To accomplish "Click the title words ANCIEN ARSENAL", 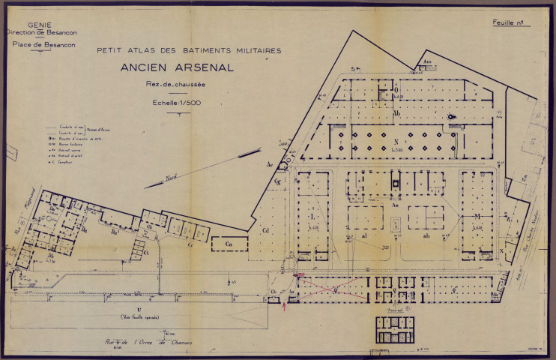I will click(178, 67).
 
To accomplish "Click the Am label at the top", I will click(428, 61).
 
